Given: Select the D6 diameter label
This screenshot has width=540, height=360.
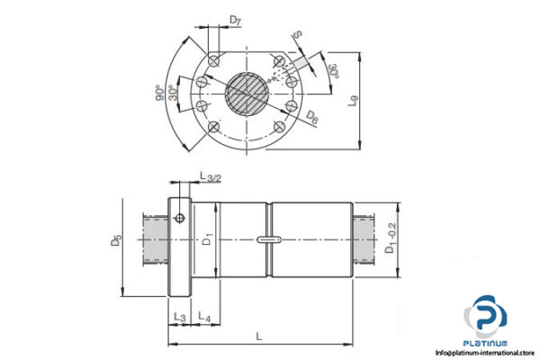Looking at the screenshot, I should [x=310, y=116].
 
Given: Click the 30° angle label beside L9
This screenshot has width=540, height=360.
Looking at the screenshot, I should [x=333, y=72].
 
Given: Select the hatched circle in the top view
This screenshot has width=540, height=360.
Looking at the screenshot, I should [x=247, y=92].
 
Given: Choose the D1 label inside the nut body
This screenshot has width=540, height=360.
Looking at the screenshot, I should [x=207, y=240].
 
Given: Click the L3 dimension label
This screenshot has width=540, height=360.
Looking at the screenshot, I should [x=178, y=319].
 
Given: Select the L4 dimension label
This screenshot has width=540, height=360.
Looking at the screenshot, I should [x=204, y=319].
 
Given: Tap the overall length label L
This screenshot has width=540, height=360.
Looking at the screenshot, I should [x=259, y=336].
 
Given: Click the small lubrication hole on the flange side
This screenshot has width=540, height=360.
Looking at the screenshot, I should [x=180, y=218].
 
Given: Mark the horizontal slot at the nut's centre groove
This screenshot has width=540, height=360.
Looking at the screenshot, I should [x=267, y=239].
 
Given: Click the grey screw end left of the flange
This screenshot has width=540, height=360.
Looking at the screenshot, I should [x=155, y=239].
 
